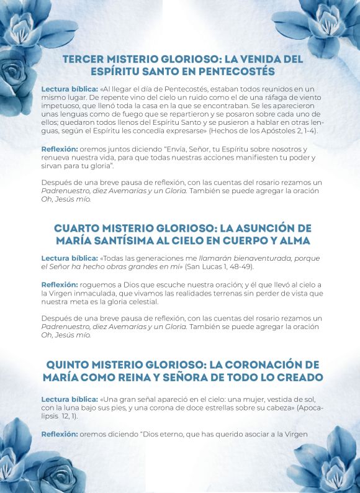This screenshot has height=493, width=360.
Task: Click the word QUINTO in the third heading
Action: [x=71, y=364]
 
